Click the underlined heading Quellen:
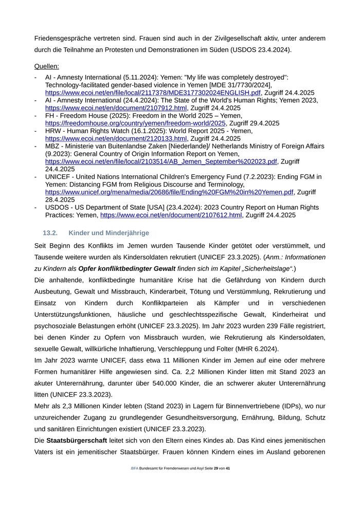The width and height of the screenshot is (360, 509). (46, 66)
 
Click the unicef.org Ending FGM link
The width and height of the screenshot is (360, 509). (169, 192)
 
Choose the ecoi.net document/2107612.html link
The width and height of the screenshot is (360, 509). (171, 215)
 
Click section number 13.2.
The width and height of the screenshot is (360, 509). (50, 233)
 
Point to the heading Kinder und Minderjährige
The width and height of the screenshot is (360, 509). (109, 233)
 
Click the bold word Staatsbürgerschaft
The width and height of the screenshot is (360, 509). (77, 441)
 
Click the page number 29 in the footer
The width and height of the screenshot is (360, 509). (216, 468)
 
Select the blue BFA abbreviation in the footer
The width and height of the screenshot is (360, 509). (134, 468)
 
